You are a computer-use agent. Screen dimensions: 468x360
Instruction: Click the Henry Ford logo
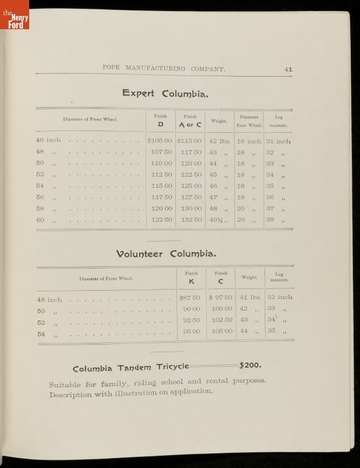(15, 15)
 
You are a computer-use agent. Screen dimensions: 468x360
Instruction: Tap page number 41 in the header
(288, 69)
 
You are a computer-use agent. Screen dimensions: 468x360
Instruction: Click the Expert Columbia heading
(165, 93)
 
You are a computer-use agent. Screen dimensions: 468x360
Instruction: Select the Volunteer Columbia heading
(166, 254)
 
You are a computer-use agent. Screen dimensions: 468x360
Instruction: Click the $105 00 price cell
(160, 141)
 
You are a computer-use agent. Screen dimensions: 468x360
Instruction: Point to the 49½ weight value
(217, 220)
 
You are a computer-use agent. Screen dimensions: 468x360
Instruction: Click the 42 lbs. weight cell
(219, 141)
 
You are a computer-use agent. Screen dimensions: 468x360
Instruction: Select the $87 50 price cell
(190, 298)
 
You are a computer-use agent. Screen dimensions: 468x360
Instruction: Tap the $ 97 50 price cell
(220, 298)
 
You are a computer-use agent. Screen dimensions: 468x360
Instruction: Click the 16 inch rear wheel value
(249, 141)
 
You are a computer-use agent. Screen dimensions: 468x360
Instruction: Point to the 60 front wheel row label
(40, 220)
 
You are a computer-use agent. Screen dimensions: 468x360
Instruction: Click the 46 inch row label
(48, 140)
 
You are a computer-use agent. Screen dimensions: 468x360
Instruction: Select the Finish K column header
(191, 277)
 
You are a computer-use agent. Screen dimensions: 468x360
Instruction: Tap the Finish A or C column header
(190, 121)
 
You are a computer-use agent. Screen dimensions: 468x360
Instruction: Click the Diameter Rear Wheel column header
(249, 121)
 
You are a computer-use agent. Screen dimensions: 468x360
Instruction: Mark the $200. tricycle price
(250, 365)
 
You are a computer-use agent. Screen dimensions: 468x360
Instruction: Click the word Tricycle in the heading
(172, 367)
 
